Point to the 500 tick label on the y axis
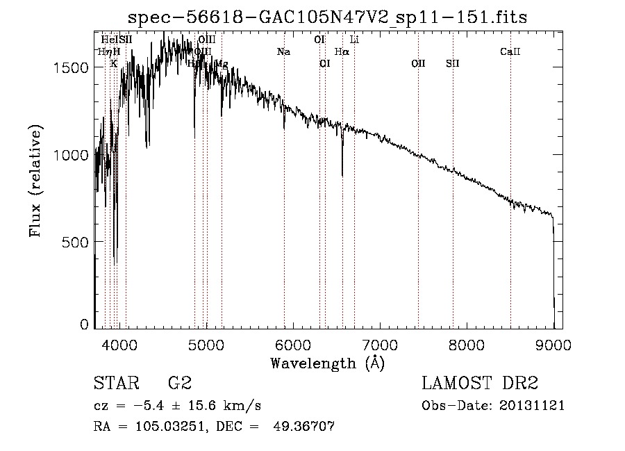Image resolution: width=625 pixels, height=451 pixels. pos(79,242)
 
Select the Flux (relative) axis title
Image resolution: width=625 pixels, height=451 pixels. pos(36,181)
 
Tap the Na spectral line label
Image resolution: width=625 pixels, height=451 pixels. pos(283,51)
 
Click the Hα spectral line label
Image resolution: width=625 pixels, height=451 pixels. pos(341,51)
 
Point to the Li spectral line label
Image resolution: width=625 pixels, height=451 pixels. pos(354,40)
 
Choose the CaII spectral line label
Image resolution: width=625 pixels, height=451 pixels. pos(510,51)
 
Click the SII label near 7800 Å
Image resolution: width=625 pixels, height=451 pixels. pos(453,63)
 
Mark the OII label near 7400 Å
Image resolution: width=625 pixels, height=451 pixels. pos(418,63)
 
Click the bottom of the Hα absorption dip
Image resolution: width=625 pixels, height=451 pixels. pos(342,174)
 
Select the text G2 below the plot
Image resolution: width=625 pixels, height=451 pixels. pos(180,384)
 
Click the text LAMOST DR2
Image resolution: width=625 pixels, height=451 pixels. pos(480,384)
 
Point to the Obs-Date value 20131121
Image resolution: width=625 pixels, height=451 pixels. pos(532,406)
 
